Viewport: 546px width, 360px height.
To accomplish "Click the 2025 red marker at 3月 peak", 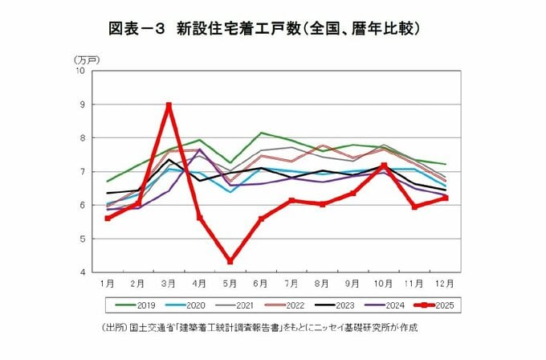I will [x=169, y=105].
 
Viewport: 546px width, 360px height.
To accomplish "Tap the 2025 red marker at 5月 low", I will [x=230, y=261].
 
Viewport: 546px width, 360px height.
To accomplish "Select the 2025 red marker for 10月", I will [x=384, y=166].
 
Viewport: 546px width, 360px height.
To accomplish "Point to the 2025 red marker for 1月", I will [x=108, y=218].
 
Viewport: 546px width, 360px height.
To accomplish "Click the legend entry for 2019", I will [x=137, y=305].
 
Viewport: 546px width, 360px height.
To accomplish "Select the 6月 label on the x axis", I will [x=261, y=284].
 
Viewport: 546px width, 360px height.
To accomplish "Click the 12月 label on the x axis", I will [x=446, y=284].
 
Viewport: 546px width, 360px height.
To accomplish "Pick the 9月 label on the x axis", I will [x=353, y=284].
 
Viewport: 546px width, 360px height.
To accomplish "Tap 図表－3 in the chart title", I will [x=136, y=28].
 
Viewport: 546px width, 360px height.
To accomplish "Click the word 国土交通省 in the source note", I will [x=152, y=329].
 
